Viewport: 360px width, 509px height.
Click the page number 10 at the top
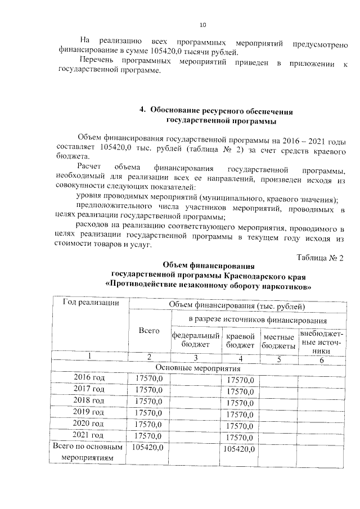pyautogui.click(x=203, y=25)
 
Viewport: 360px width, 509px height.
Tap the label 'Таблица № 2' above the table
pyautogui.click(x=319, y=258)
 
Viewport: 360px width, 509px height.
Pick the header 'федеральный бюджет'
pyautogui.click(x=195, y=339)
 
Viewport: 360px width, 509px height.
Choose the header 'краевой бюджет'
pyautogui.click(x=240, y=339)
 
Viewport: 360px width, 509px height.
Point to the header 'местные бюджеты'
pyautogui.click(x=278, y=339)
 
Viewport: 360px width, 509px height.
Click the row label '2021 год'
pyautogui.click(x=89, y=435)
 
